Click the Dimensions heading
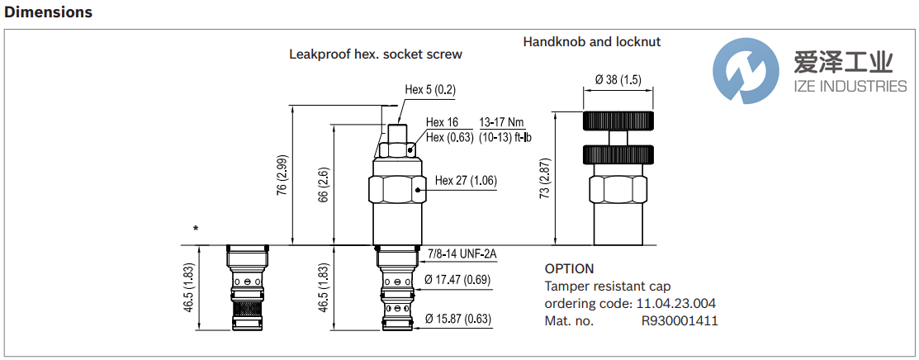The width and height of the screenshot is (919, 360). pyautogui.click(x=49, y=12)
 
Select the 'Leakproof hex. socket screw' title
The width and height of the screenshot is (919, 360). pyautogui.click(x=375, y=54)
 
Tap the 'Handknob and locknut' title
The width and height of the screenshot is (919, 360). pyautogui.click(x=591, y=41)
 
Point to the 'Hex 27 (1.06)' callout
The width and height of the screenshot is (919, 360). pyautogui.click(x=466, y=182)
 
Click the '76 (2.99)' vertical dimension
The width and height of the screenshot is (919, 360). pyautogui.click(x=282, y=175)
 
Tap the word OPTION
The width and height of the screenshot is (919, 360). pyautogui.click(x=569, y=268)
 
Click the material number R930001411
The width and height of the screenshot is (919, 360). pyautogui.click(x=680, y=321)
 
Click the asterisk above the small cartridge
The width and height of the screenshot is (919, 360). pyautogui.click(x=196, y=229)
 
